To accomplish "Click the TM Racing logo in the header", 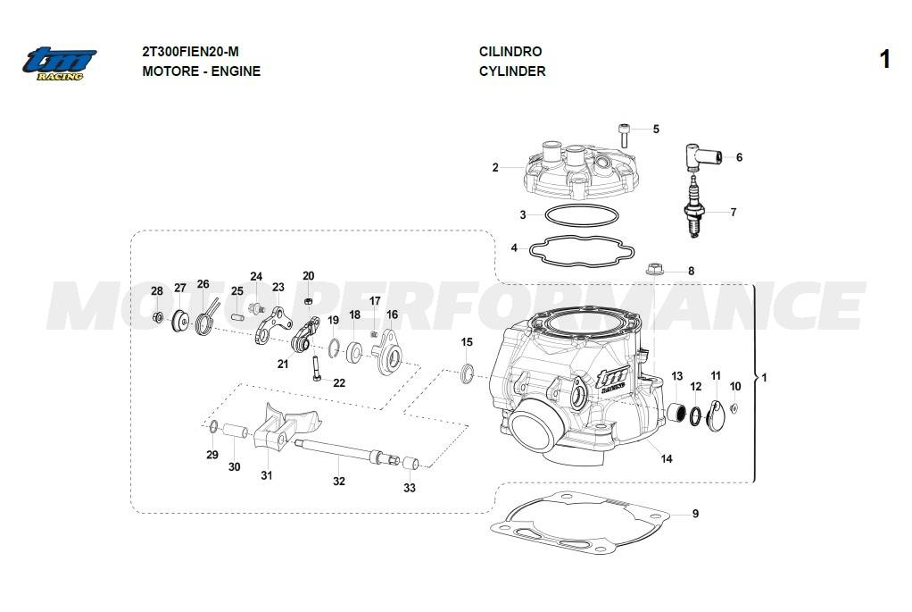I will click(x=60, y=63).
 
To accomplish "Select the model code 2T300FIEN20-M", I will click(x=190, y=52).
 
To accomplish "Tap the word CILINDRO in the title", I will click(x=510, y=52).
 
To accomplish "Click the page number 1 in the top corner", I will click(x=884, y=60).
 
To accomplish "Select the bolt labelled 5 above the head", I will click(x=625, y=135).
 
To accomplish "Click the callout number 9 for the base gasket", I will click(x=695, y=514).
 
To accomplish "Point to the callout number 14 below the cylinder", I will click(x=666, y=459).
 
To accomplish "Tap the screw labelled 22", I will click(x=317, y=368).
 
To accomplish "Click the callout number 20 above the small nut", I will click(x=308, y=275).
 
